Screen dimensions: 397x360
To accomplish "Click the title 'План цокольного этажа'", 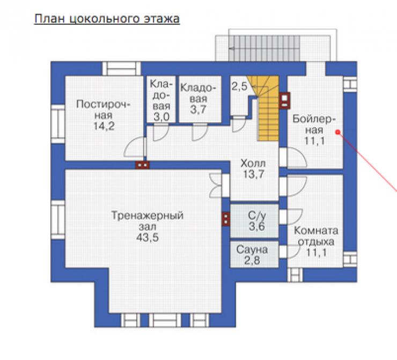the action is pos(107,19).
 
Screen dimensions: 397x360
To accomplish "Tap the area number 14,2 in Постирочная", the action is pos(104,126).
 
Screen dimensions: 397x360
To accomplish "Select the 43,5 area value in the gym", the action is pos(148,238).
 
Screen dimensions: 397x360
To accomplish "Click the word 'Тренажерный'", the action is pos(148,216).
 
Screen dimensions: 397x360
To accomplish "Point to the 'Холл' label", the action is pos(253,163).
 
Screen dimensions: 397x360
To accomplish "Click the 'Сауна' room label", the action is pos(252,250).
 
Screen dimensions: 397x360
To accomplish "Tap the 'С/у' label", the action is pos(257,216).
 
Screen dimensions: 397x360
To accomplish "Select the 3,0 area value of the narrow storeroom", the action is pos(161,117).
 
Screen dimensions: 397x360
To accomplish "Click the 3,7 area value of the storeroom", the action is pos(198,109).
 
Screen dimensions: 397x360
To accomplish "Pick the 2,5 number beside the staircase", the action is pos(239,86).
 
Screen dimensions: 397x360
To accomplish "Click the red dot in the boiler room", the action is pos(337,132).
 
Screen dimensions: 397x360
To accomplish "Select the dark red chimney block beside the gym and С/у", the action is pos(226,219).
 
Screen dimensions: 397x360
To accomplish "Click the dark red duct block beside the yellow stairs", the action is pos(285,100).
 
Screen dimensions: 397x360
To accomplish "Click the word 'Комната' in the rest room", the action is pos(316,231).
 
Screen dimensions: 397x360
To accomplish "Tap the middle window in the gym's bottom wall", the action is pos(165,320).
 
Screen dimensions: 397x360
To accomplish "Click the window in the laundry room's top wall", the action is pos(122,68).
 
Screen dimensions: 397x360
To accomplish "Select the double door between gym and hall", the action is pos(220,185).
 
